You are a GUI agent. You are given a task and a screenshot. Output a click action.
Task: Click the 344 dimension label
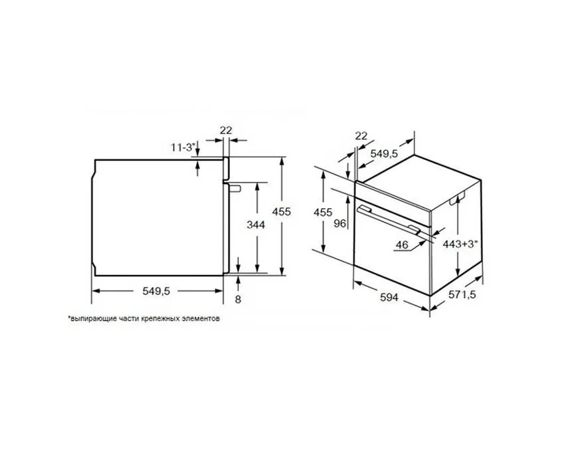(255, 225)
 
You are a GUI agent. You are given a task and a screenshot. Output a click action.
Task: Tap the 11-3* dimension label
(183, 147)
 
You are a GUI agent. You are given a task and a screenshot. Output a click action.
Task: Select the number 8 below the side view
(237, 300)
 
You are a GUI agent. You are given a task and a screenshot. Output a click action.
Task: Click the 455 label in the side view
(281, 211)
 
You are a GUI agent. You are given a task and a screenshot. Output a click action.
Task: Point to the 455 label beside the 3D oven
(323, 212)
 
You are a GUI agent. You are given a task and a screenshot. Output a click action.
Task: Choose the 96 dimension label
(340, 223)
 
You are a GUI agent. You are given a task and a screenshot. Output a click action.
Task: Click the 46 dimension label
(402, 245)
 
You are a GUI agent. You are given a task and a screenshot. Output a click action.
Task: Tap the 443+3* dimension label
(460, 244)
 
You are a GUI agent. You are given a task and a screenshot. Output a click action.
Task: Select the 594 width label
(389, 298)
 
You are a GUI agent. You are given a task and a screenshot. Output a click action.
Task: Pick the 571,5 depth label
(462, 294)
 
